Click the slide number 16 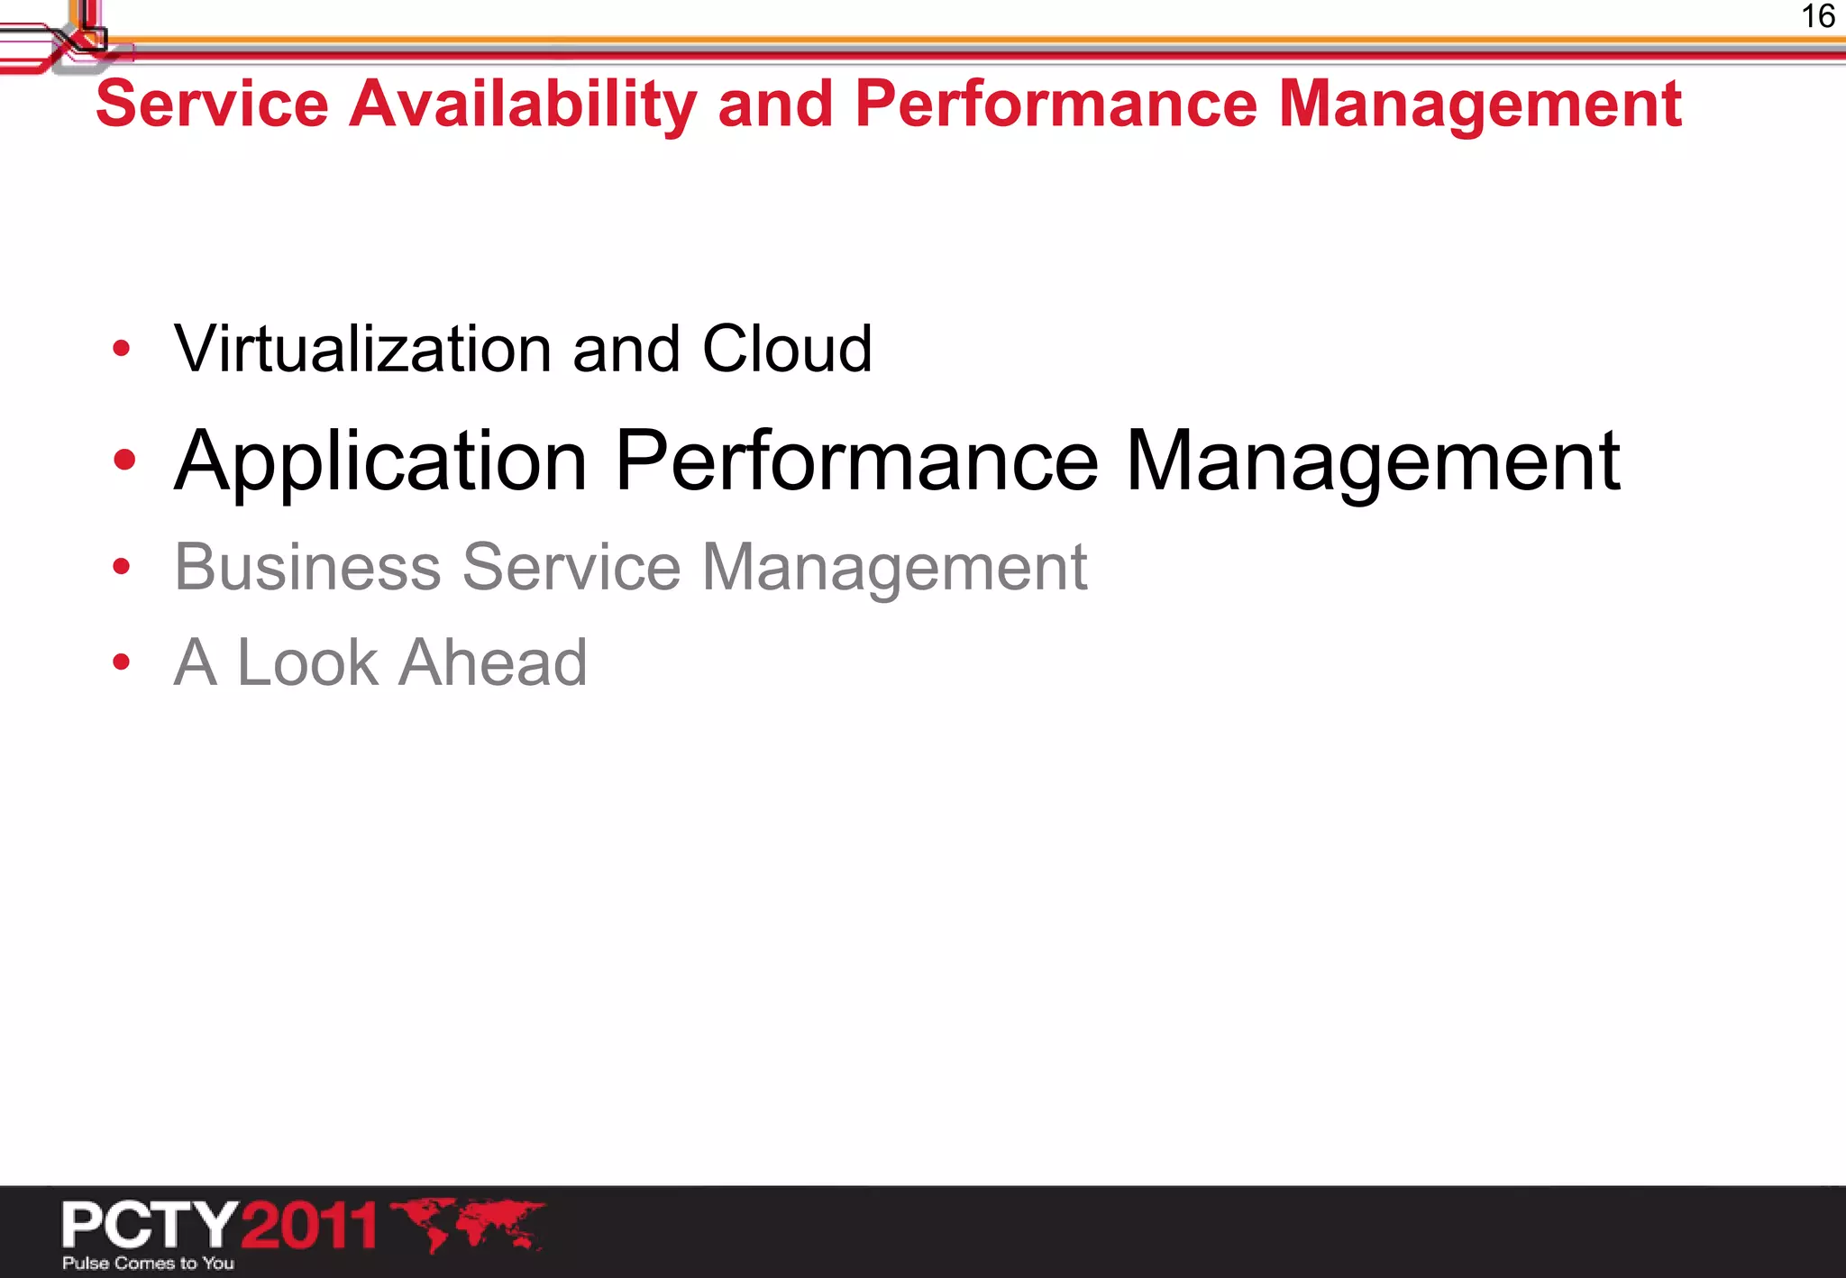(1817, 17)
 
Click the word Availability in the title (523, 105)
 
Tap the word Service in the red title (212, 105)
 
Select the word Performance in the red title (1056, 105)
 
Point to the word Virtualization (362, 349)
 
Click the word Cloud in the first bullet (787, 349)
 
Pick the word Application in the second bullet (381, 461)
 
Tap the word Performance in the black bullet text (856, 461)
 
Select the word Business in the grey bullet (307, 567)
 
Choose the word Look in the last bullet (307, 662)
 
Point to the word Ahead (493, 662)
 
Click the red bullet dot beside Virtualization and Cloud (122, 349)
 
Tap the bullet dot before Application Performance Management (124, 461)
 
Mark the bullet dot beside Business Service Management (122, 567)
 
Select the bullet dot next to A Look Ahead (122, 662)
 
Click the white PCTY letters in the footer (149, 1224)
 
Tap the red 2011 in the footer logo (308, 1225)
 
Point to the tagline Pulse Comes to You (148, 1264)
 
